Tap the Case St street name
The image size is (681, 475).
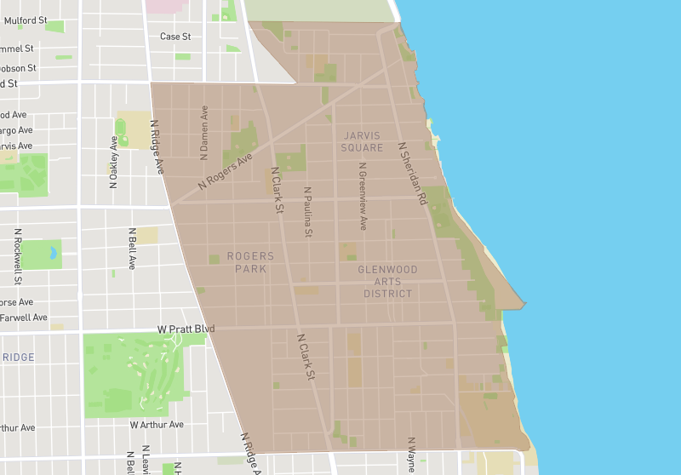tap(175, 37)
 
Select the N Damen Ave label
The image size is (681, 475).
tap(204, 133)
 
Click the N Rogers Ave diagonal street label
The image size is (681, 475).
tap(226, 171)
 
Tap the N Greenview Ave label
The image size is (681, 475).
tap(363, 197)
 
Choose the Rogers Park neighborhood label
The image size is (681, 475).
tap(250, 262)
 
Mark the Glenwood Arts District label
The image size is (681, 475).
tap(387, 282)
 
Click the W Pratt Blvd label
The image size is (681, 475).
tap(186, 329)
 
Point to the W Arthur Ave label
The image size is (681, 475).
tap(157, 424)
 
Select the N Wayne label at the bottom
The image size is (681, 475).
tap(411, 455)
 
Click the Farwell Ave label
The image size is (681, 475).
tap(24, 318)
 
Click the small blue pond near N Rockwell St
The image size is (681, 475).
tap(53, 253)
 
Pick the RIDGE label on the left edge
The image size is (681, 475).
tap(18, 357)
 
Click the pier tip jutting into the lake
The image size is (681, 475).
tap(523, 302)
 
